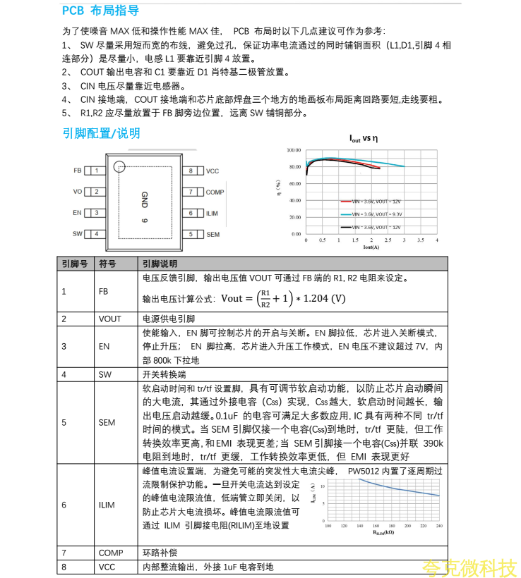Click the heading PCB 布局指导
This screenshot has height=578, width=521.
[100, 11]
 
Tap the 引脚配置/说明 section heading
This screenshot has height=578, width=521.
[101, 133]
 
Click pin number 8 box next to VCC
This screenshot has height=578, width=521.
[191, 171]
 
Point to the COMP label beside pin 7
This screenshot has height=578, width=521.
[215, 192]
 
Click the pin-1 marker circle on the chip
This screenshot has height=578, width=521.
[119, 166]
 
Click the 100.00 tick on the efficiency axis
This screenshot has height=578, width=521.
[294, 150]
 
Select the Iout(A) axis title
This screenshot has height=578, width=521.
[371, 247]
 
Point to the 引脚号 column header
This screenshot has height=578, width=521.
[75, 264]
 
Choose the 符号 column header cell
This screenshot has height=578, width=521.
[107, 264]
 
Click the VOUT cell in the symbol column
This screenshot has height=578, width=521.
[109, 319]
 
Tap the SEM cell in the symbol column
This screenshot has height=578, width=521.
[107, 423]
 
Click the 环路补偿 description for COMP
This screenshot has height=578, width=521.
[158, 553]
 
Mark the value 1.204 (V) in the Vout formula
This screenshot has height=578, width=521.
[322, 298]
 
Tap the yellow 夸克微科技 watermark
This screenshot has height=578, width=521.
[469, 567]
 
